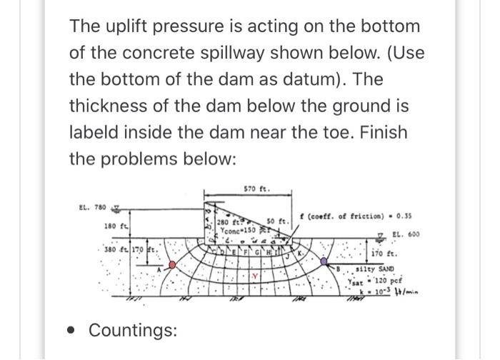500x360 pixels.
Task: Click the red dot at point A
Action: [x=171, y=265]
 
